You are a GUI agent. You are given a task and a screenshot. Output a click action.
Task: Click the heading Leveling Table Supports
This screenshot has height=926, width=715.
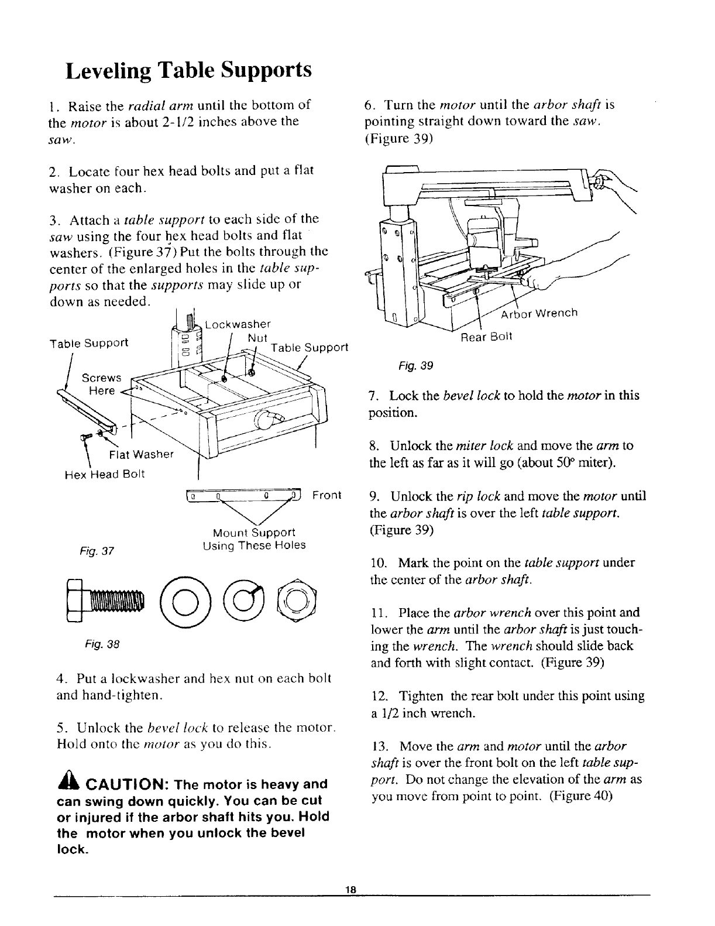point(188,71)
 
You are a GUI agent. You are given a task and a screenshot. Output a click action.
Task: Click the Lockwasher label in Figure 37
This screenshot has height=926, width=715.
point(236,324)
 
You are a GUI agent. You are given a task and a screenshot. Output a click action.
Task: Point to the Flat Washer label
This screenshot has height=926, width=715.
point(142,454)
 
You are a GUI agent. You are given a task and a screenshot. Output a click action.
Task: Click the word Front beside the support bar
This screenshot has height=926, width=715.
point(326,496)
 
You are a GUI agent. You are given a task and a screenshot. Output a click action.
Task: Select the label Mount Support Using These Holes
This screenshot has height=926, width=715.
point(253,539)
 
